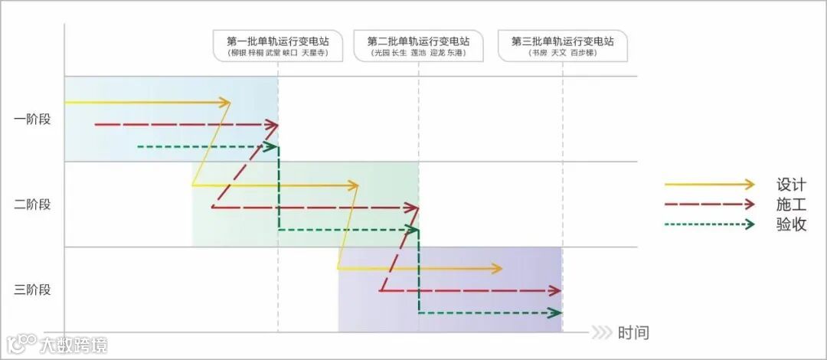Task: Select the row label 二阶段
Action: pos(32,205)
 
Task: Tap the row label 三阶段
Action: pos(32,290)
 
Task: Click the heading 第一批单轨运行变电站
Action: pos(277,41)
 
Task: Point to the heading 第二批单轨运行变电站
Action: pos(418,41)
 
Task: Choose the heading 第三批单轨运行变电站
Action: pos(563,41)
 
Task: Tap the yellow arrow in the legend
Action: pos(709,185)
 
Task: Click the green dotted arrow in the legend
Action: pos(709,224)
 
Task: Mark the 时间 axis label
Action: pos(633,333)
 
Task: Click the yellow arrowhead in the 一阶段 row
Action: pos(224,102)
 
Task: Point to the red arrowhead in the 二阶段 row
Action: pos(413,208)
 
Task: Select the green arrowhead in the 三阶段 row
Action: pos(556,313)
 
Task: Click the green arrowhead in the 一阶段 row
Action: pos(271,146)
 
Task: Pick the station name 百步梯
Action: pos(583,54)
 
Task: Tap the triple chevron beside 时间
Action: pos(602,333)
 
